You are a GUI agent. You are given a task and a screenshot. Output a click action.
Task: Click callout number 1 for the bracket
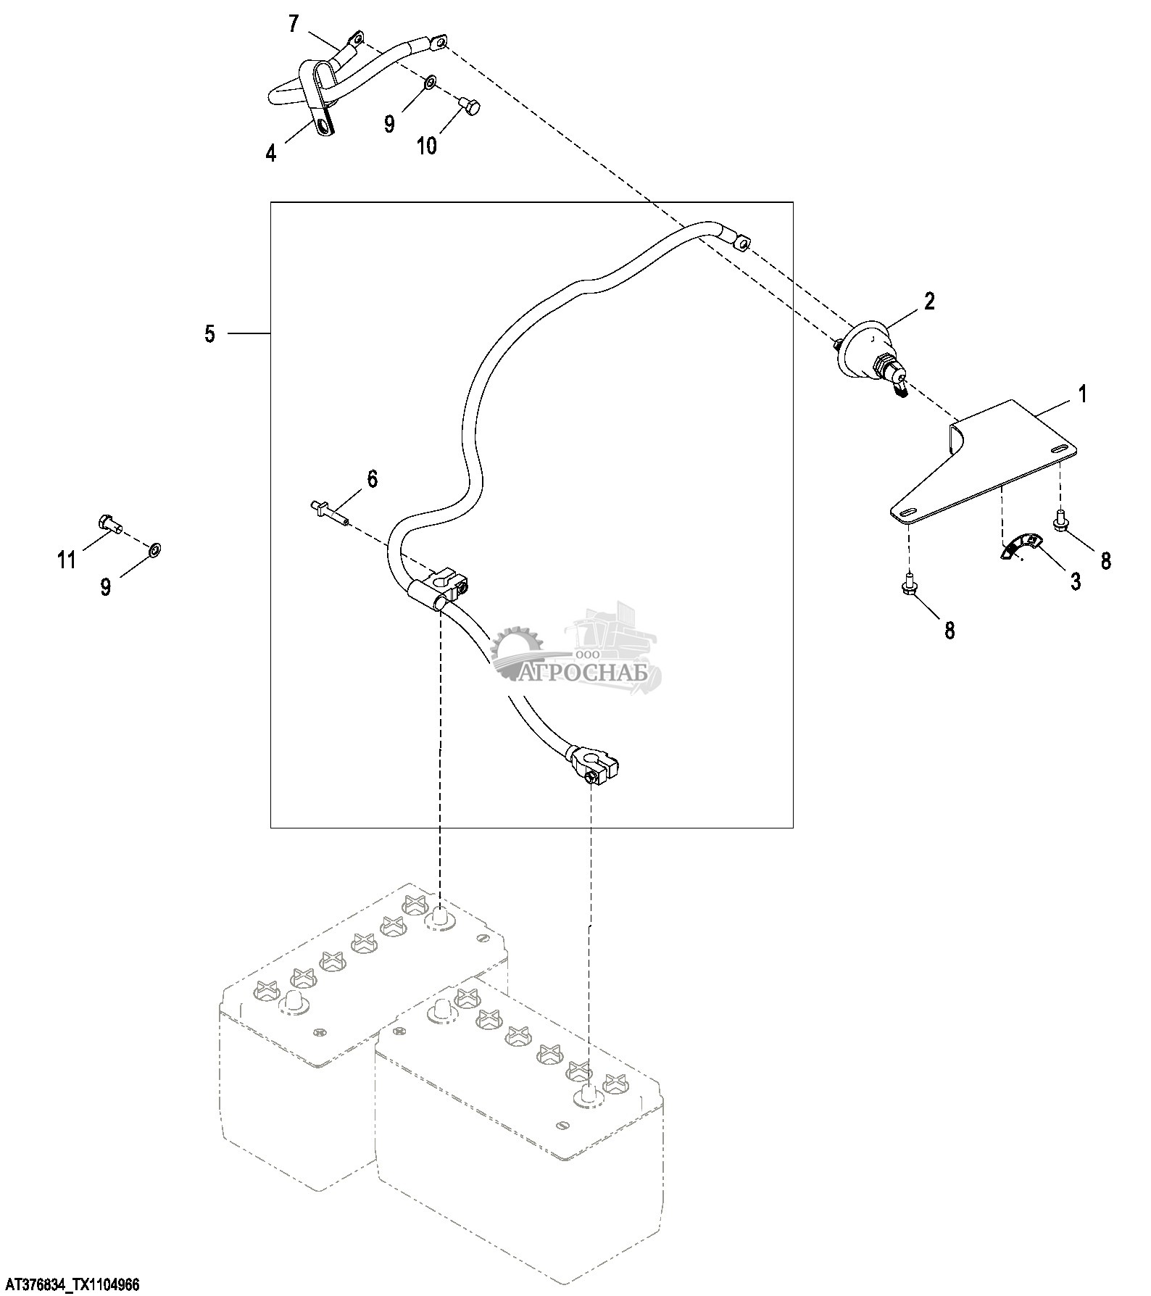tap(1083, 395)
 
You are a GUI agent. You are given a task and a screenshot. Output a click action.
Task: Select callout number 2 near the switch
tap(928, 302)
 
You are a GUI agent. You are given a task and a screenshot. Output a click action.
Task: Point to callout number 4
tap(270, 153)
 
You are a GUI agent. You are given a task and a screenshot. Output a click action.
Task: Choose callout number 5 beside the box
tap(209, 334)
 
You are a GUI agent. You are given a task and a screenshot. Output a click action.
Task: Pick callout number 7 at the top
tap(293, 25)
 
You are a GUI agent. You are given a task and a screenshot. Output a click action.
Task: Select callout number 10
tap(427, 146)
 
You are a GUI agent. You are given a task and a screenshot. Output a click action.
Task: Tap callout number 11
tap(67, 560)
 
